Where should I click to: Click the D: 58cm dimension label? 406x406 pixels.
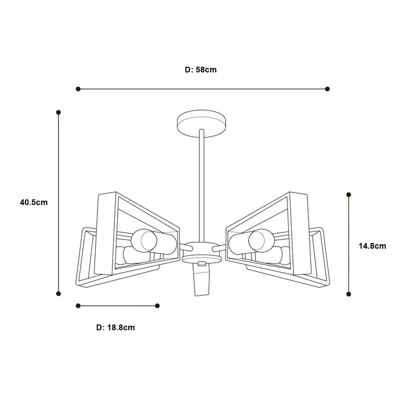point(201,70)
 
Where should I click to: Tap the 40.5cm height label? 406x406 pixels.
point(34,202)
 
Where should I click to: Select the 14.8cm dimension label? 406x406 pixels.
point(372,246)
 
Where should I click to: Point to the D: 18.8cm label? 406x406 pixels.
point(115,328)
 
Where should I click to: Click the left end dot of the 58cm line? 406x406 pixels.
point(78,89)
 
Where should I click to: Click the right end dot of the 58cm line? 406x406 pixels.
point(327,89)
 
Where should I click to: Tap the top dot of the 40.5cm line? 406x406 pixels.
point(59,113)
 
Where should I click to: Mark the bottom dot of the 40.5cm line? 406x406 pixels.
point(59,293)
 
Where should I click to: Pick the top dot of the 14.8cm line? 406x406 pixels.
point(349,194)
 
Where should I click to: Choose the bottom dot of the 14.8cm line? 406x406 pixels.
point(349,294)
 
